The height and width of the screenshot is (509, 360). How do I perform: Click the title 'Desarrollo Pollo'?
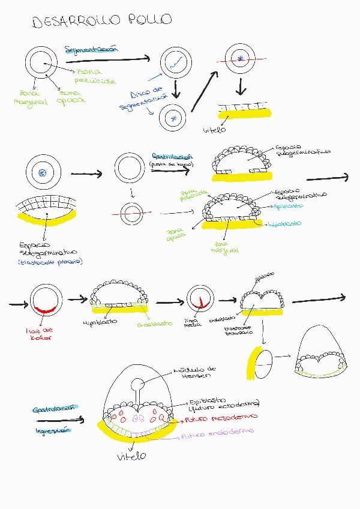point(102,20)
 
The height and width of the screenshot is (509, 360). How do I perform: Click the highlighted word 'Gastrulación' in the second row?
point(168,156)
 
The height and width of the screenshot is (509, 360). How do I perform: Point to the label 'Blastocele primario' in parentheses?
point(51,262)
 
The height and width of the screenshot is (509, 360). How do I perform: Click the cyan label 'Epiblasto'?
point(287,205)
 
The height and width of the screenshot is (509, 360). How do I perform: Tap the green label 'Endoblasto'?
point(155,323)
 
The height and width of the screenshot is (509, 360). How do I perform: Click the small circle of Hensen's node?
point(139,384)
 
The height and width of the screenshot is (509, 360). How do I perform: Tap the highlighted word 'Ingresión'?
point(53,430)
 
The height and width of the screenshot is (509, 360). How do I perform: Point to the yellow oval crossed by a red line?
point(262,363)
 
